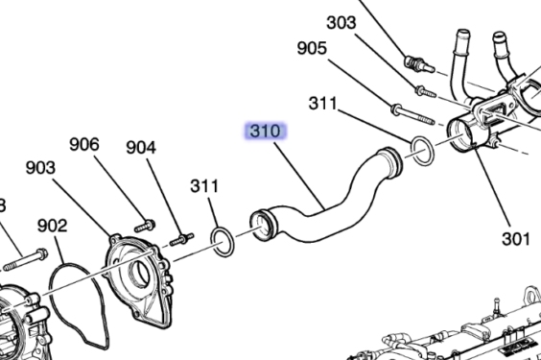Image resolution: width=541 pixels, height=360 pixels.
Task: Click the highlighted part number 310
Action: [x=265, y=132]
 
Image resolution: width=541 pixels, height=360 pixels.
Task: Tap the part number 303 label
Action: [x=341, y=23]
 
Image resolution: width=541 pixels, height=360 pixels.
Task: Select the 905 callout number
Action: [x=312, y=48]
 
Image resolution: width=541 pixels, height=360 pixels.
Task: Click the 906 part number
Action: [x=84, y=144]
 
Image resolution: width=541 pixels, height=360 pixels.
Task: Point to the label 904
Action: [x=141, y=147]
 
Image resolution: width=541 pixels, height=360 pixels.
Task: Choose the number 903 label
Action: [x=40, y=167]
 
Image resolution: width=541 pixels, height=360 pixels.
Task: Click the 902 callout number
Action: [x=52, y=226]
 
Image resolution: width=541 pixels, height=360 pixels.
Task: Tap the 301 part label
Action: [x=515, y=238]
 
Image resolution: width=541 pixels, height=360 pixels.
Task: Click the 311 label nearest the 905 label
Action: [x=322, y=104]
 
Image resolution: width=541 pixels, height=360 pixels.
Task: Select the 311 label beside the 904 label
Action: [x=204, y=185]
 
